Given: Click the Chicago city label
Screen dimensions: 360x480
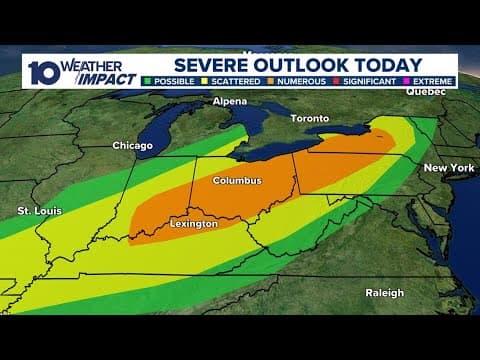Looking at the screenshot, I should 132,146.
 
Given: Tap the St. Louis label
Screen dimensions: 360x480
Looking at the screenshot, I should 39,211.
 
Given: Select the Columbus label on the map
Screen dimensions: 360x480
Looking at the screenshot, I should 237,181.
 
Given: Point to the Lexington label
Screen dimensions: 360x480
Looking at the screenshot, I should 193,224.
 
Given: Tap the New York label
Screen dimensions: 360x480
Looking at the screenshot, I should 448,168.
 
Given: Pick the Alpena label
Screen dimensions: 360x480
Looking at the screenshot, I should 229,102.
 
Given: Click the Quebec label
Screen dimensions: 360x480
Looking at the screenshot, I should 424,91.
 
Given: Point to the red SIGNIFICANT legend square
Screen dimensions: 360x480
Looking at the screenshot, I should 338,81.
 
